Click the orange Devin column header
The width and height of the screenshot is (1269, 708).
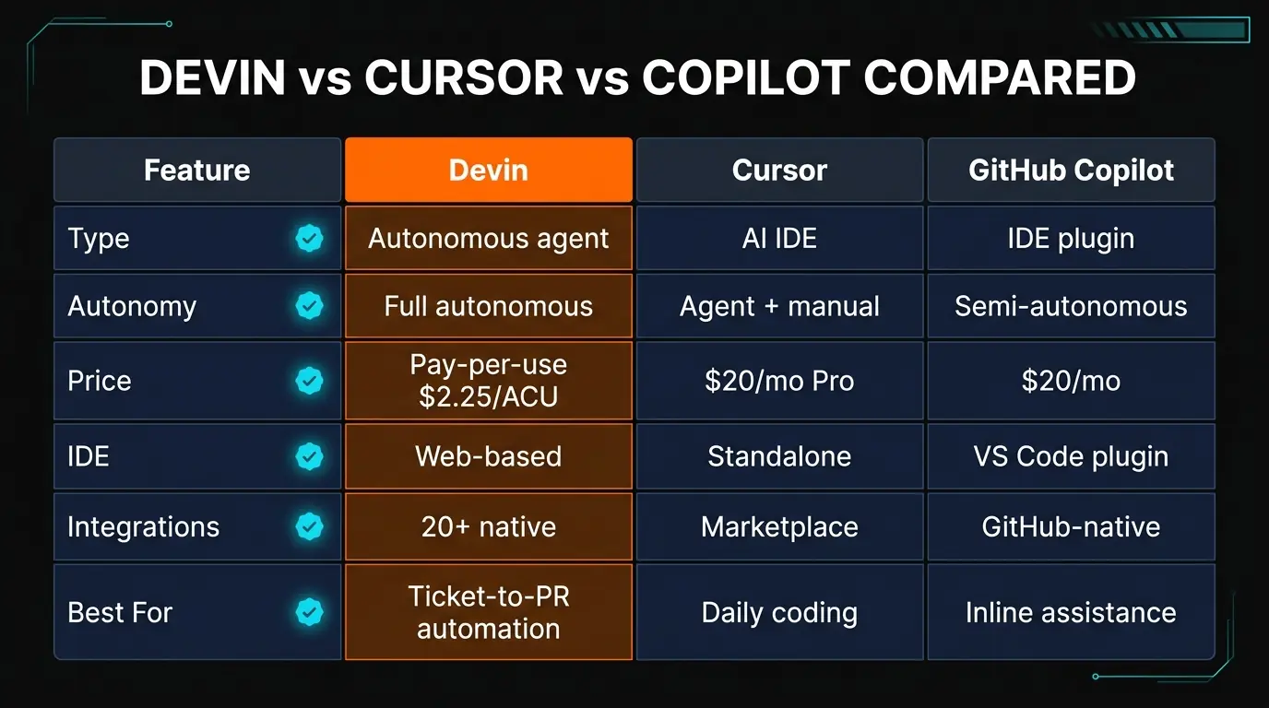pyautogui.click(x=488, y=170)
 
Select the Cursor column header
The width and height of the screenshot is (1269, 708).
pyautogui.click(x=779, y=170)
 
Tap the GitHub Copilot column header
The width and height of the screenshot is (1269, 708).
pyautogui.click(x=1071, y=170)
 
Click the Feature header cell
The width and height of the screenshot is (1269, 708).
pyautogui.click(x=196, y=170)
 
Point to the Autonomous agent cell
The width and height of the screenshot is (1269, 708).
pyautogui.click(x=488, y=238)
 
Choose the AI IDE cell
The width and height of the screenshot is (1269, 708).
pyautogui.click(x=779, y=238)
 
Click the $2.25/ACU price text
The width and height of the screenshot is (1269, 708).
pyautogui.click(x=488, y=396)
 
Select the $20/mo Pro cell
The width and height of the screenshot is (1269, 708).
pyautogui.click(x=779, y=381)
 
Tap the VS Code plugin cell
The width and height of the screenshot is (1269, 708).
pyautogui.click(x=1071, y=456)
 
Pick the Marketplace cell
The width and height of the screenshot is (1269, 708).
pyautogui.click(x=779, y=526)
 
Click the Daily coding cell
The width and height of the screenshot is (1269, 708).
pyautogui.click(x=779, y=612)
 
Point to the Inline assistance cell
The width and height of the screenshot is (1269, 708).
pyautogui.click(x=1071, y=612)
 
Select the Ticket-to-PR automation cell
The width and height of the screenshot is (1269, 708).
pyautogui.click(x=488, y=612)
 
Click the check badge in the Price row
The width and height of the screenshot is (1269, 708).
pyautogui.click(x=309, y=381)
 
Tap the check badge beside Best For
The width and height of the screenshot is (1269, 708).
pyautogui.click(x=309, y=612)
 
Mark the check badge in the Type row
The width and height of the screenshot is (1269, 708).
pyautogui.click(x=309, y=239)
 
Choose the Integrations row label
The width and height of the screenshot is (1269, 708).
pyautogui.click(x=143, y=526)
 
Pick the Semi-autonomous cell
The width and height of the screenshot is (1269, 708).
pyautogui.click(x=1071, y=306)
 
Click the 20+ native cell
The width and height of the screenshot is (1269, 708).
pyautogui.click(x=488, y=526)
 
